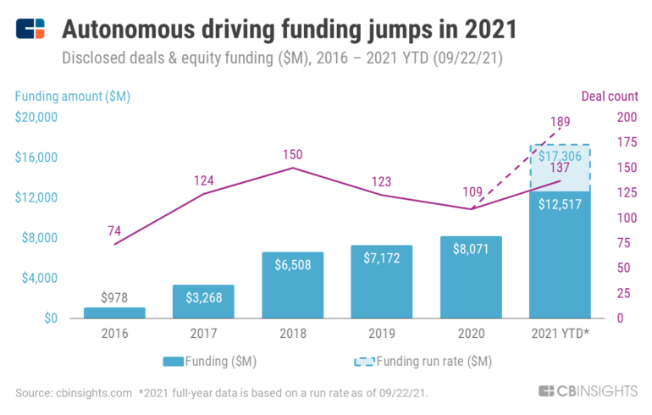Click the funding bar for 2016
coord(114,313)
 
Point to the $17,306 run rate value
coord(560,157)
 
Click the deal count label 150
coord(293,154)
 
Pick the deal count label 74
coord(114,230)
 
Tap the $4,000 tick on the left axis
coord(38,278)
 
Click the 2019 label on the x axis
coord(382,334)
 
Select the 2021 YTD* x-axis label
coord(560,334)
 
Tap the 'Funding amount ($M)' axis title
coord(73,96)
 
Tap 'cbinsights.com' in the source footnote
coord(94,392)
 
